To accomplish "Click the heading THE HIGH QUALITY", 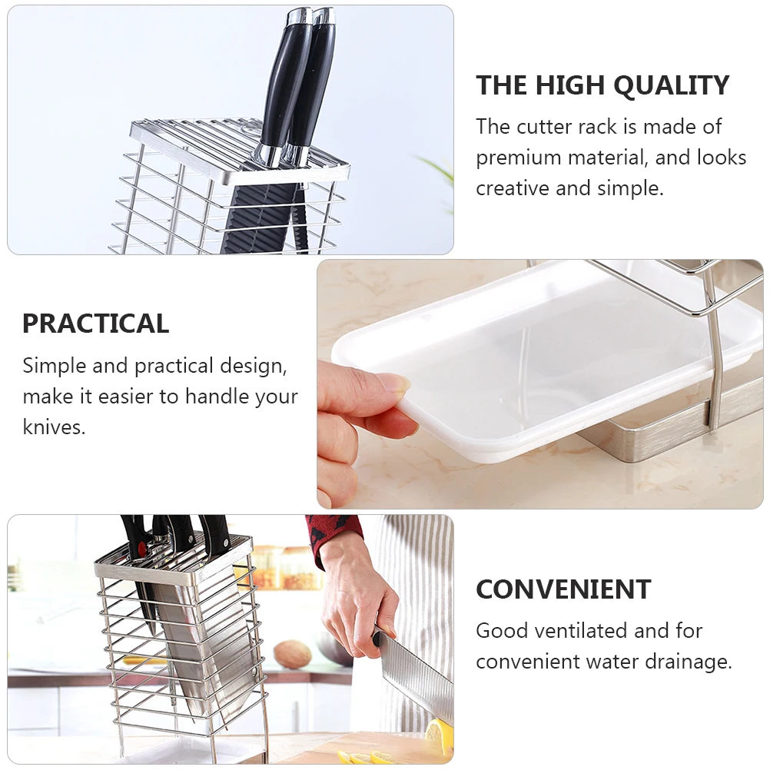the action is pos(602,85).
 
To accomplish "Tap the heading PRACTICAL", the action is pos(96,324).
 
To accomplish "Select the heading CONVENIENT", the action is pos(563,589).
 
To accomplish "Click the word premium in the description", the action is pos(518,158).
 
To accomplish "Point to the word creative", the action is pos(513,188).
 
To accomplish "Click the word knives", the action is pos(54,426).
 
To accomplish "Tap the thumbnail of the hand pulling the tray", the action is pos(540,384).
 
